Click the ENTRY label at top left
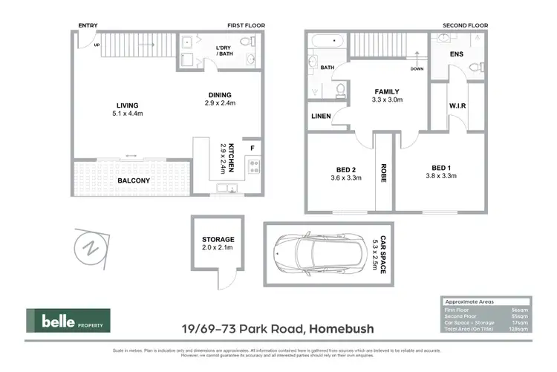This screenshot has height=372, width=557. (x=88, y=25)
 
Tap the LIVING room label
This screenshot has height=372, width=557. (x=126, y=105)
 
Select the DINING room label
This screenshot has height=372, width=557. (x=220, y=94)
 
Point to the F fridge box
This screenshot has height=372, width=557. (x=253, y=147)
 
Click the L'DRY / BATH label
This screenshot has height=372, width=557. (x=224, y=52)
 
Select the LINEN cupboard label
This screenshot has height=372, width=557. (x=321, y=116)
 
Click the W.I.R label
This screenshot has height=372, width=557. (x=457, y=105)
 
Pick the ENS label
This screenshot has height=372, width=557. (x=457, y=54)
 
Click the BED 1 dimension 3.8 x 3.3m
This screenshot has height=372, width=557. (x=440, y=176)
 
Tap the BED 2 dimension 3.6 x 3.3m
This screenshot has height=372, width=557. (x=345, y=177)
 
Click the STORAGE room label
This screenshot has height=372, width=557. (x=218, y=239)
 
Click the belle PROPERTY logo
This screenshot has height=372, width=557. (x=68, y=321)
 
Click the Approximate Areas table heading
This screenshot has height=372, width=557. (x=468, y=302)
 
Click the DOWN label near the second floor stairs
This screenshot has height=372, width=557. (x=417, y=69)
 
